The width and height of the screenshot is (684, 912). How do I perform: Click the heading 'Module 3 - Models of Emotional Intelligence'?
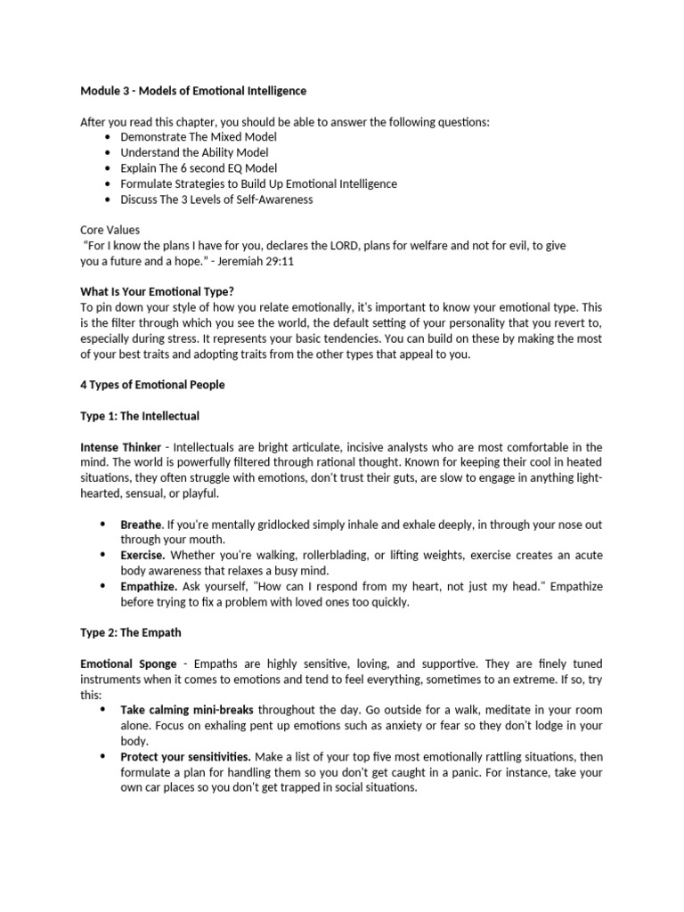click(193, 91)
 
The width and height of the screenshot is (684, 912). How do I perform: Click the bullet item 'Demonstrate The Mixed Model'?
click(199, 137)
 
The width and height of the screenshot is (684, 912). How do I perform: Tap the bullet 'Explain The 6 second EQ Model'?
click(199, 167)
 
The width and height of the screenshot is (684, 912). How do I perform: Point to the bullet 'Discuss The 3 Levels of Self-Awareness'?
click(216, 199)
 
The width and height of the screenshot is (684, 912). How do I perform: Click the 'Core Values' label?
click(110, 230)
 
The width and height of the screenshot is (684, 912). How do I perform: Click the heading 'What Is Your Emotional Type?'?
click(157, 291)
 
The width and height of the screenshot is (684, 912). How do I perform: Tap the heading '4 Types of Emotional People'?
click(152, 385)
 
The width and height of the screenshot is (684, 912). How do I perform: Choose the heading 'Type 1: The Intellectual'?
click(140, 415)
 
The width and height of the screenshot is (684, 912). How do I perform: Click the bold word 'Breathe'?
click(141, 525)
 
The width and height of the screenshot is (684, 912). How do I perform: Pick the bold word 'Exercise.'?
click(142, 556)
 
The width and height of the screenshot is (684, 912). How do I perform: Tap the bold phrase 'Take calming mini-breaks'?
click(187, 710)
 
